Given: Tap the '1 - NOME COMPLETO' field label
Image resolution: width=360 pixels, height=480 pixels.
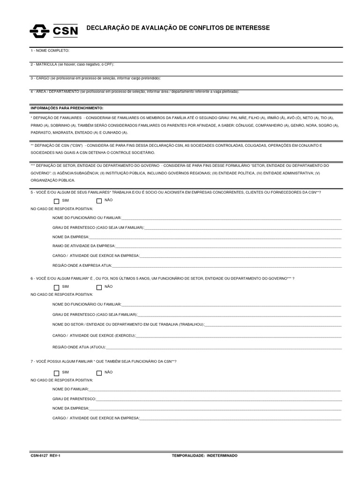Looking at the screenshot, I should pos(50,50).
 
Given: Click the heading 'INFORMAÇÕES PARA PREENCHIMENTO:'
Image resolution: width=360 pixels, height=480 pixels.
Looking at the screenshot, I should pos(67,108).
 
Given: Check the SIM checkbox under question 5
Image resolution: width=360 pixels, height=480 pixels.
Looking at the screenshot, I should pos(56,201).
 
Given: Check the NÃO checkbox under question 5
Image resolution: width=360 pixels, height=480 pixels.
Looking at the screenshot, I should pos(99,201).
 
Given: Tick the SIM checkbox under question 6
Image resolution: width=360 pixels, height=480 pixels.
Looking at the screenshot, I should pos(56,287).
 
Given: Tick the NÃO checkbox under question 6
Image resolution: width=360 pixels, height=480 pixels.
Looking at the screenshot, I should pos(99,287).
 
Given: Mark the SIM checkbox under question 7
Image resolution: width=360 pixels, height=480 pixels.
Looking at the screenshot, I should pos(56,373).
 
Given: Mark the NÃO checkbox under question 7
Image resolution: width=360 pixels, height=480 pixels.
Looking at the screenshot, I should pos(99,373).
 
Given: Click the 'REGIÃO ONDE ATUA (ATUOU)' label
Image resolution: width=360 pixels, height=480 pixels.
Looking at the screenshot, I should pos(79,347).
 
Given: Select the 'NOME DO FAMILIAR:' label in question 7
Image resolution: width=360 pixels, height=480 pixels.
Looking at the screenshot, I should pos(70,390).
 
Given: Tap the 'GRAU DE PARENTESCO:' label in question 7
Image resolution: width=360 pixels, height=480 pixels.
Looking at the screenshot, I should pos(74,399).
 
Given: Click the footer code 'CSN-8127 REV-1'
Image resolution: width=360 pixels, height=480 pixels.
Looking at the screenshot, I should pos(46,455).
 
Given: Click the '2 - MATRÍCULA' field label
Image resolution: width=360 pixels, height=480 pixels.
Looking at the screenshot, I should pos(73,64).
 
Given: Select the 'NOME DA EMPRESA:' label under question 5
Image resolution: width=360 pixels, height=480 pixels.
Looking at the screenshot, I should pos(71,237).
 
